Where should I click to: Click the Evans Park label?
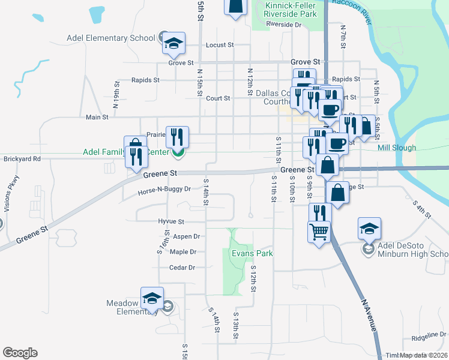252,254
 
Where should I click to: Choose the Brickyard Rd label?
20,159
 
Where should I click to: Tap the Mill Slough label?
394,148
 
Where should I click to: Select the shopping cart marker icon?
319,230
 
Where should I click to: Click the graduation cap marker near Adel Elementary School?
173,43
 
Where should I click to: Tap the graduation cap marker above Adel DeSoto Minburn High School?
369,228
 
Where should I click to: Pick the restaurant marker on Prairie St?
177,136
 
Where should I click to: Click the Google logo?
20,353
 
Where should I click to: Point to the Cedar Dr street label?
182,268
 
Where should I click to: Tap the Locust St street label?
219,45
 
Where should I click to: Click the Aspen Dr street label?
186,237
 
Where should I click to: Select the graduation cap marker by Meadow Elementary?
152,298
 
